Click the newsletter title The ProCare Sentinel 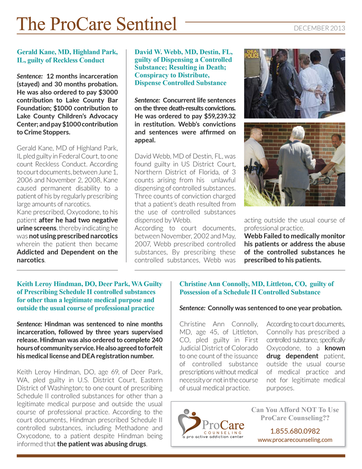97,24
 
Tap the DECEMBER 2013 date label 319,28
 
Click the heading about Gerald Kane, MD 67,56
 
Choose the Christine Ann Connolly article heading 257,288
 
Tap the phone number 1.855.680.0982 295,431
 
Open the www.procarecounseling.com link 295,440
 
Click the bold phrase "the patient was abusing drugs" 102,444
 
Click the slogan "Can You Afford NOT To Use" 295,410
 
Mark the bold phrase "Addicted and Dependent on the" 67,252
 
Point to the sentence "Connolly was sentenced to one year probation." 275,308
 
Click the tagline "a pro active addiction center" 213,437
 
